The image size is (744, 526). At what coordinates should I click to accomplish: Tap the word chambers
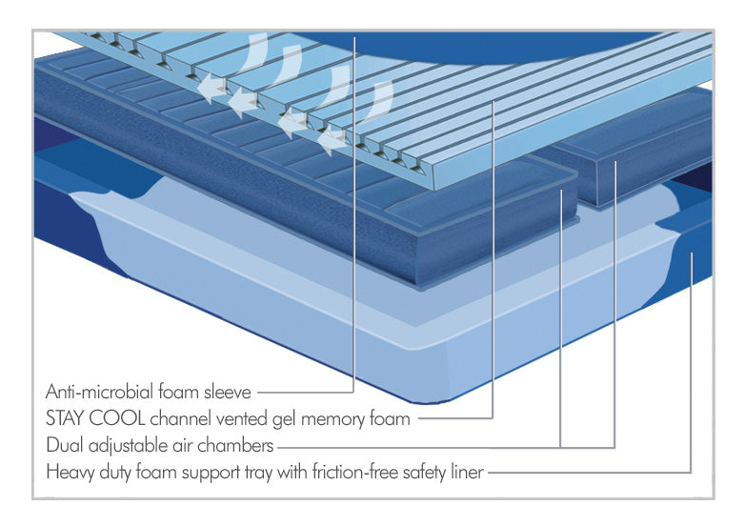click(242, 444)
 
